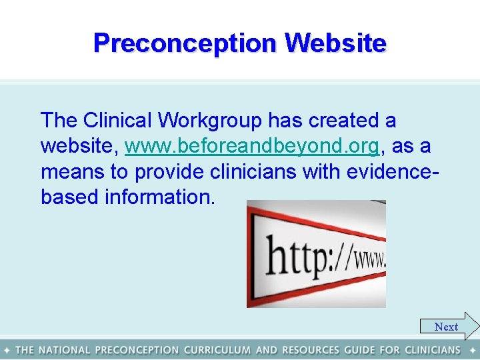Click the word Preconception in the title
[185, 43]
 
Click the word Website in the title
[335, 43]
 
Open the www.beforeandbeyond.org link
[252, 146]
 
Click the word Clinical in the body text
[117, 121]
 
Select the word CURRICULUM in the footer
[217, 350]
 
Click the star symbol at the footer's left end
[7, 350]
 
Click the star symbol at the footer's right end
[472, 350]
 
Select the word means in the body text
[72, 171]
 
